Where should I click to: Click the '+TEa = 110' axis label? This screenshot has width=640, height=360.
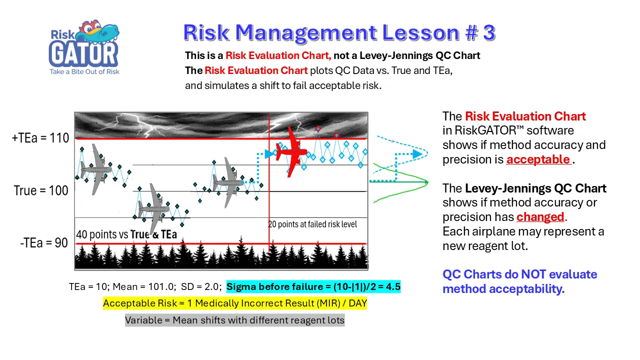pyautogui.click(x=40, y=138)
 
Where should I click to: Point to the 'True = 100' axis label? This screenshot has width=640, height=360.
pyautogui.click(x=41, y=190)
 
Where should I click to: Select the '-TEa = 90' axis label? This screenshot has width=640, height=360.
pyautogui.click(x=44, y=243)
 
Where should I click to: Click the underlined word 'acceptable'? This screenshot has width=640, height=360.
pyautogui.click(x=538, y=159)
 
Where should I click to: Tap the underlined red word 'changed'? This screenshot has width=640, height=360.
pyautogui.click(x=540, y=217)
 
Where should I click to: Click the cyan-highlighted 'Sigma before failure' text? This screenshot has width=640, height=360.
pyautogui.click(x=313, y=286)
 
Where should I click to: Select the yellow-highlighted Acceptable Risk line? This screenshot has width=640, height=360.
pyautogui.click(x=235, y=303)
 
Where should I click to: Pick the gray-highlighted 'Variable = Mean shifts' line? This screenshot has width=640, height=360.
pyautogui.click(x=234, y=320)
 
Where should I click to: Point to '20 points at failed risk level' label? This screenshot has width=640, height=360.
pyautogui.click(x=312, y=224)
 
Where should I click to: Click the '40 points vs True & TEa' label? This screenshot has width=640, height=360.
pyautogui.click(x=126, y=234)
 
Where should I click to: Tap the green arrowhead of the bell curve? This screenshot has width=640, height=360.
pyautogui.click(x=426, y=181)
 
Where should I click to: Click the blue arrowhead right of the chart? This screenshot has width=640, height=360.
pyautogui.click(x=417, y=154)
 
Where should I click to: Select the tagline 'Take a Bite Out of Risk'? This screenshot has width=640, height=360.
pyautogui.click(x=84, y=71)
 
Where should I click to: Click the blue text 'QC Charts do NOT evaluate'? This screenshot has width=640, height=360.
pyautogui.click(x=519, y=274)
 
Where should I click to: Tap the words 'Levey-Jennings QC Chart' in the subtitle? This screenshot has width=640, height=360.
pyautogui.click(x=419, y=55)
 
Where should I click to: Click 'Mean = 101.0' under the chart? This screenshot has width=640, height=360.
pyautogui.click(x=144, y=286)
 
